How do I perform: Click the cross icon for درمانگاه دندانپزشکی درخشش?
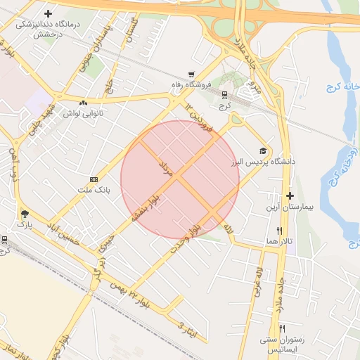(49, 14)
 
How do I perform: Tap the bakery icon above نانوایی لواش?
(83, 103)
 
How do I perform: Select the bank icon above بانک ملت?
(94, 180)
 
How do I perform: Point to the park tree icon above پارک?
(25, 214)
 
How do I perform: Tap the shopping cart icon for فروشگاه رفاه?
(191, 75)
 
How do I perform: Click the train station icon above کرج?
(224, 94)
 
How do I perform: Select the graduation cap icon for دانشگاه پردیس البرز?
(263, 150)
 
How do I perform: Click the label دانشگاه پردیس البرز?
(263, 162)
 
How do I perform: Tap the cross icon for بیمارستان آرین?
(290, 196)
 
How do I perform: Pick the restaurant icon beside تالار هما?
(279, 231)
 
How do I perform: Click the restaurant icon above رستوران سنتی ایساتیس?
(283, 328)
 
